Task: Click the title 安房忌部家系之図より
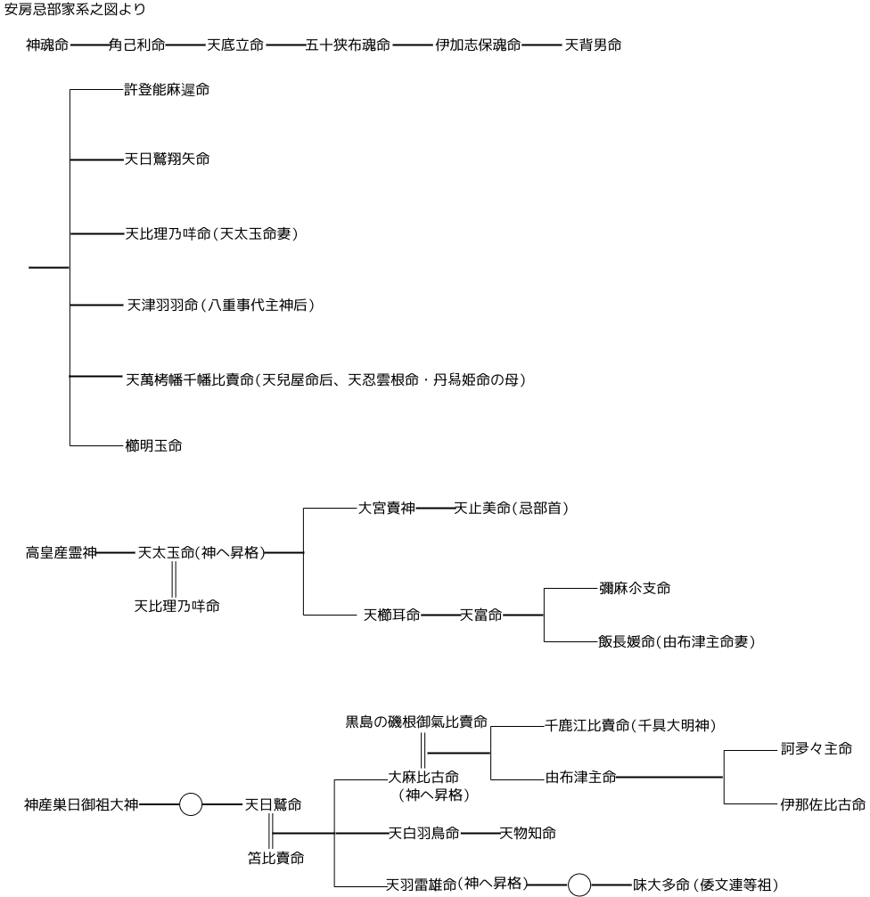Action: [x=75, y=11]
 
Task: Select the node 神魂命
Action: [x=47, y=45]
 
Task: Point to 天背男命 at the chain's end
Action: [x=593, y=45]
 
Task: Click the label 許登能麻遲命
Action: [x=167, y=90]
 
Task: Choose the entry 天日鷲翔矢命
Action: [x=167, y=159]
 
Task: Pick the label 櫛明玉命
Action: [x=153, y=445]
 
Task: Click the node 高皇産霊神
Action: [x=61, y=553]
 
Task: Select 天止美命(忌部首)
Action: [x=511, y=509]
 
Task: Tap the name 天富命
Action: [x=480, y=615]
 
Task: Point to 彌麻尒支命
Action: [x=635, y=588]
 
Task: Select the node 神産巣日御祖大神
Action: [x=81, y=805]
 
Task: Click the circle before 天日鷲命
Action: [x=191, y=805]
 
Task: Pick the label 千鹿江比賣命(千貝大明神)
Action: [x=630, y=726]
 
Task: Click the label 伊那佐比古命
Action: [x=820, y=805]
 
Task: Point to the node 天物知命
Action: [x=528, y=833]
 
